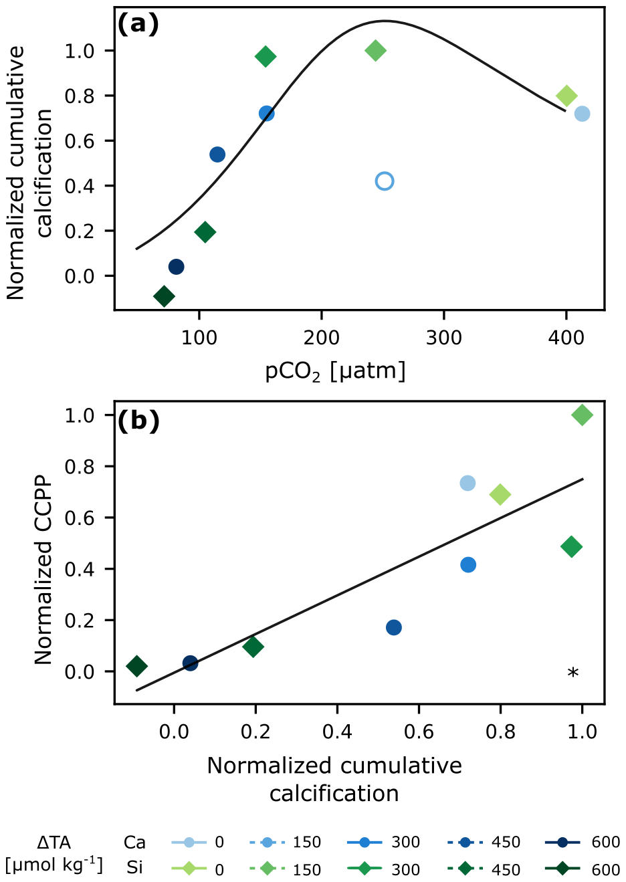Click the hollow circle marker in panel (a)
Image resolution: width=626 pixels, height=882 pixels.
tap(384, 181)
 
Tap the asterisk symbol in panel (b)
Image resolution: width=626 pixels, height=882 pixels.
tap(572, 673)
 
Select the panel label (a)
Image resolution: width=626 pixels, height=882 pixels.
tap(138, 25)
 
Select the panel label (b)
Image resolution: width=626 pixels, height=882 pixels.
tap(138, 421)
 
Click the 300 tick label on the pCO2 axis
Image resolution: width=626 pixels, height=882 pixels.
tap(444, 337)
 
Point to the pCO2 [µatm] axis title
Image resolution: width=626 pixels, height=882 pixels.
tap(335, 372)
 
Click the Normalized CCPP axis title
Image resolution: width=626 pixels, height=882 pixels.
tap(43, 570)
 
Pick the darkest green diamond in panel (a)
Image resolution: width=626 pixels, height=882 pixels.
tap(164, 296)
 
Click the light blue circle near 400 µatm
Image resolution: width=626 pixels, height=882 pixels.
tap(582, 114)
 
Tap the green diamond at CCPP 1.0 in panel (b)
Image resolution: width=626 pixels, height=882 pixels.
tap(582, 415)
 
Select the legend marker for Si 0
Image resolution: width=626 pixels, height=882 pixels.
tap(189, 869)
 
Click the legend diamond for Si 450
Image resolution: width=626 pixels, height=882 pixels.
tap(464, 869)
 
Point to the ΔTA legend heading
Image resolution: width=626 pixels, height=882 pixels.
tap(54, 843)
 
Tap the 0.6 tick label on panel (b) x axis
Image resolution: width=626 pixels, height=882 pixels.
tap(419, 732)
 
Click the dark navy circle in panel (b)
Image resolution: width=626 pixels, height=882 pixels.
tap(190, 663)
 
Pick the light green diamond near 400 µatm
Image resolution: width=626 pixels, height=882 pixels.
tap(566, 96)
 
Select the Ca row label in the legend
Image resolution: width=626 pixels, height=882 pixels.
tap(134, 843)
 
